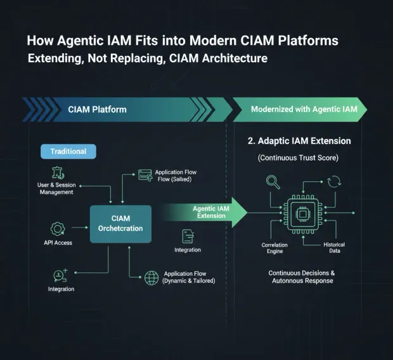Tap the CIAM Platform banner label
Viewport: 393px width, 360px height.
pos(97,109)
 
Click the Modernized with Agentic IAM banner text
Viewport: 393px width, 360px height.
pos(304,109)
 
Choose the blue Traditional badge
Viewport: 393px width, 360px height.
pos(68,151)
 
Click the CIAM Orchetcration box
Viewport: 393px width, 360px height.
pos(120,223)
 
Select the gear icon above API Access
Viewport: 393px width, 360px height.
pos(58,228)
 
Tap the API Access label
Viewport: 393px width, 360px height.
pos(58,243)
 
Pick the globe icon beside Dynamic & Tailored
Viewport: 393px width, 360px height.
pos(151,277)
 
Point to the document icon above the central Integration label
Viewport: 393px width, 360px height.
pos(188,236)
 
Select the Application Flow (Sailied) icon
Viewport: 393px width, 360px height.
pos(145,175)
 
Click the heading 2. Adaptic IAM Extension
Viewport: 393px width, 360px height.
pos(299,141)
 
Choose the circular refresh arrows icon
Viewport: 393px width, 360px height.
pos(333,183)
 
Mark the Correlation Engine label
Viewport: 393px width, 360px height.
pos(274,248)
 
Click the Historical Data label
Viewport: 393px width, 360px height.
pos(333,248)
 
